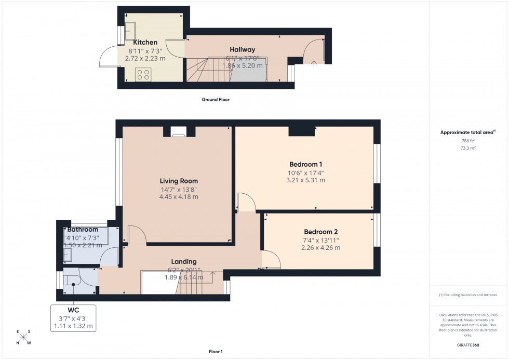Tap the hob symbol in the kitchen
tap(142, 74)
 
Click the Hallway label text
tap(243, 49)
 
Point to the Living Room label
tap(179, 181)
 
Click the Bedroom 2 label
tap(320, 232)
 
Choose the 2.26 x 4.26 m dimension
tap(320, 248)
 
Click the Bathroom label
tap(83, 230)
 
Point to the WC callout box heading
tap(73, 310)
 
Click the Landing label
tap(184, 261)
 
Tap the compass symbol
tap(23, 337)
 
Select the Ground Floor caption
tap(216, 99)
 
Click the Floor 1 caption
tap(216, 352)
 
